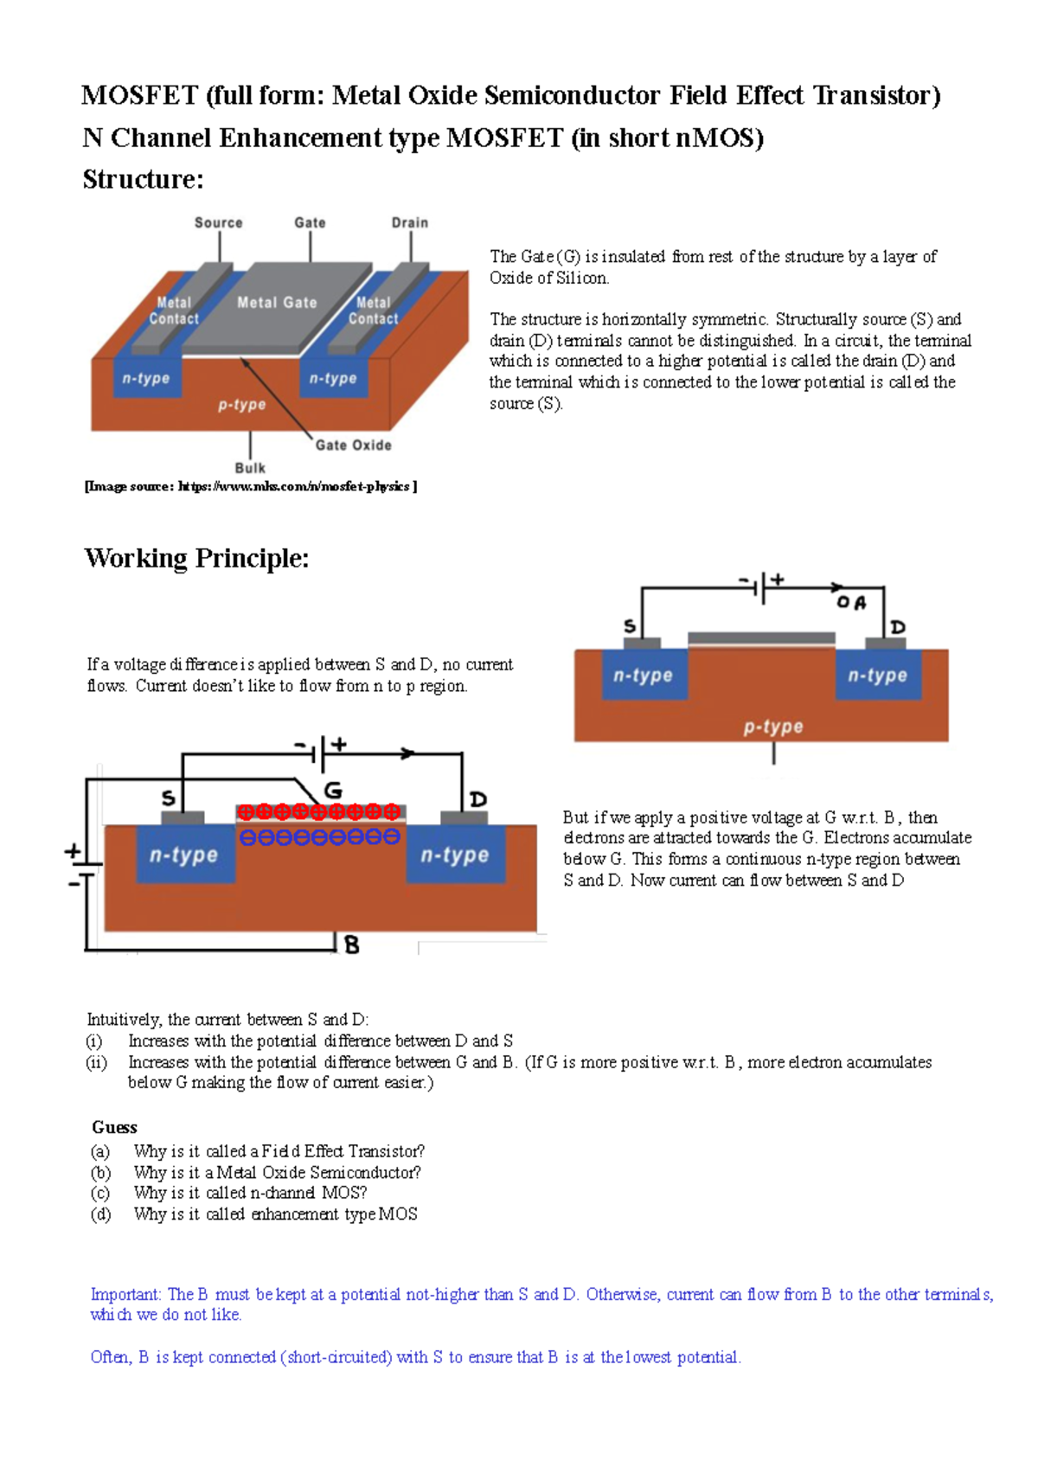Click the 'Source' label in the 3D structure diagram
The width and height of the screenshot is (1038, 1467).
click(x=218, y=222)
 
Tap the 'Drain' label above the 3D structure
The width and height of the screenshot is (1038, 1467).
click(x=409, y=222)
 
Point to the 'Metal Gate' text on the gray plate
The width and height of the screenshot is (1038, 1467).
click(x=277, y=303)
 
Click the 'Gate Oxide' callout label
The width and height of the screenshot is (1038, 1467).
click(x=353, y=445)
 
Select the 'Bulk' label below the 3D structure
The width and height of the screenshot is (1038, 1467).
click(x=250, y=468)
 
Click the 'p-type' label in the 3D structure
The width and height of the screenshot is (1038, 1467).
click(x=241, y=405)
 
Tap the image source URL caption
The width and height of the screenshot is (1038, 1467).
click(x=251, y=487)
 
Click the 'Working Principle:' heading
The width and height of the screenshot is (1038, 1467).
click(x=196, y=558)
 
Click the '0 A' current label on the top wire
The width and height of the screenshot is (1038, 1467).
click(x=851, y=602)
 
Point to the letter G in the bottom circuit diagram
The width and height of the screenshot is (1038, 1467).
click(x=333, y=790)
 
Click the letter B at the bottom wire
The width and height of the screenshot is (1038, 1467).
click(x=351, y=945)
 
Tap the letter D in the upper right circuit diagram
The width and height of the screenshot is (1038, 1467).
click(x=898, y=627)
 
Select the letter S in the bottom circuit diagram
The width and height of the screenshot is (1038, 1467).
click(x=169, y=798)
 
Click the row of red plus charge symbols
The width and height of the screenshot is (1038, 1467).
click(x=319, y=811)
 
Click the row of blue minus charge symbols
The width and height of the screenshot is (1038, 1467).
click(x=319, y=837)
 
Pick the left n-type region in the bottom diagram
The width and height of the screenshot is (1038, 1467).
click(x=184, y=855)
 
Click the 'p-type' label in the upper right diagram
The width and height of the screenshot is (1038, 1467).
click(x=773, y=727)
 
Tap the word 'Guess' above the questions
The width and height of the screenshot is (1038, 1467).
click(x=114, y=1127)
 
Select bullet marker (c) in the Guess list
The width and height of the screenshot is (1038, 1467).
click(x=100, y=1193)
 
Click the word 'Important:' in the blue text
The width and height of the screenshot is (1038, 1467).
click(x=126, y=1294)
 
